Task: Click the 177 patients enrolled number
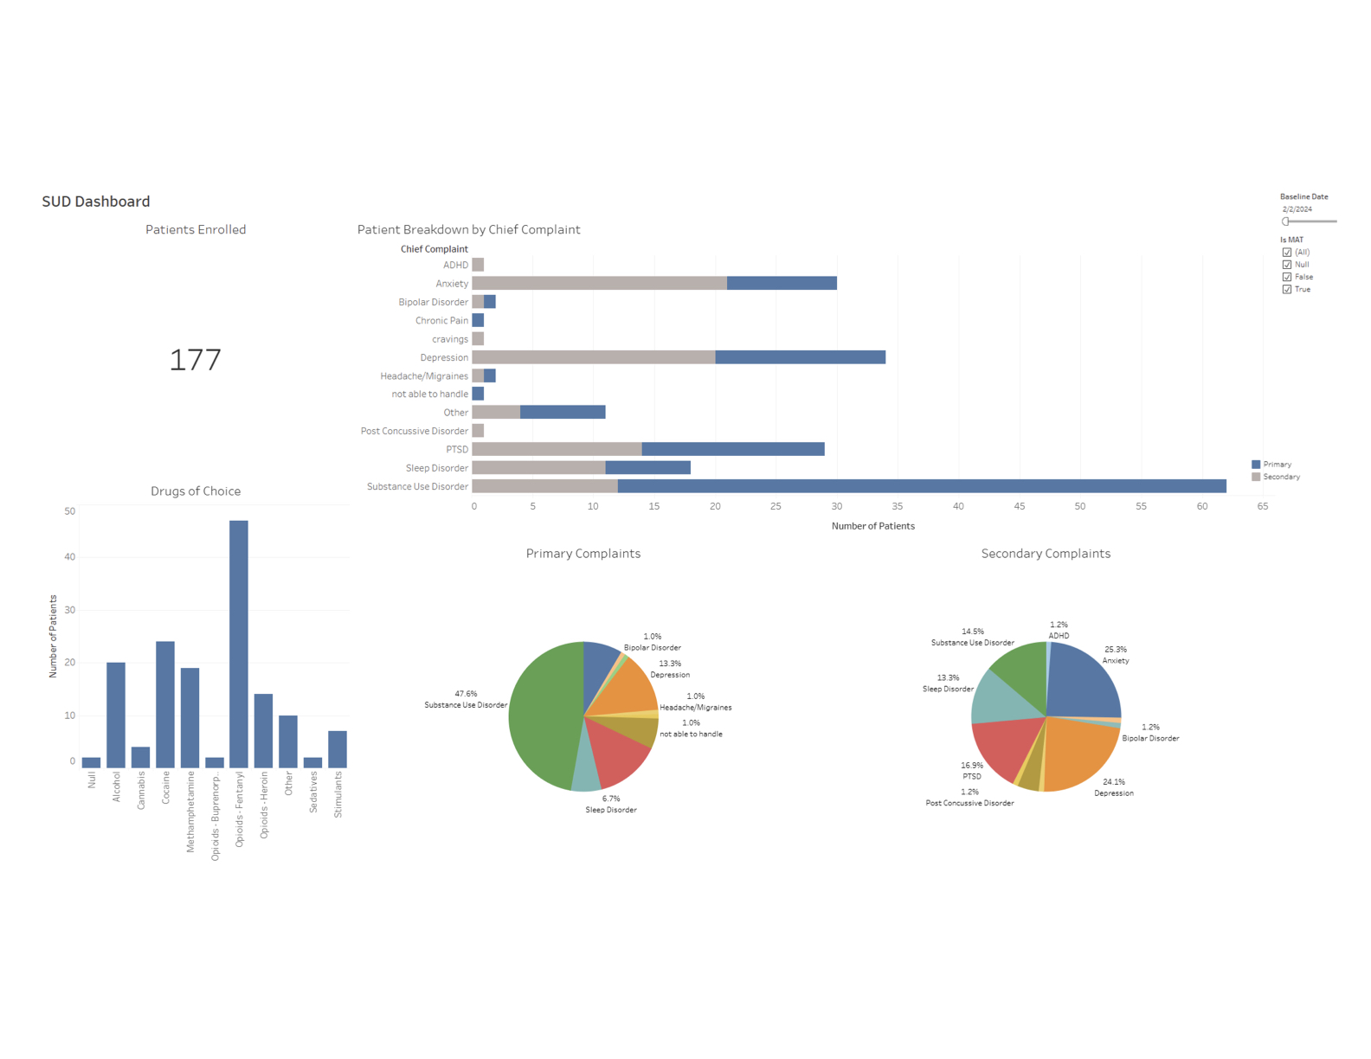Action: pos(196,360)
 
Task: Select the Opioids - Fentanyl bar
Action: pos(239,644)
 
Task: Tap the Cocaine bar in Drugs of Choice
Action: pos(165,704)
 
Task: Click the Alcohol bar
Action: pos(116,715)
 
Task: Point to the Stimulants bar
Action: pos(338,749)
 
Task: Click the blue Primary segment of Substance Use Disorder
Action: pos(922,486)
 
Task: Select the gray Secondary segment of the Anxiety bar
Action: pos(600,283)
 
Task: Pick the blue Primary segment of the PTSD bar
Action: pos(733,449)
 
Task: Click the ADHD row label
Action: pos(455,266)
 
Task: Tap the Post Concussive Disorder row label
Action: pos(415,431)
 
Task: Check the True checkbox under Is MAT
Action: pos(1287,290)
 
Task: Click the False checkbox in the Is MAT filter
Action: pos(1287,277)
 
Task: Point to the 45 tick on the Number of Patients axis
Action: pos(1020,506)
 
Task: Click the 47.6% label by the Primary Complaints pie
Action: pos(466,694)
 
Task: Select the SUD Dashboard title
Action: pos(96,202)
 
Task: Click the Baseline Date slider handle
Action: pos(1286,221)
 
